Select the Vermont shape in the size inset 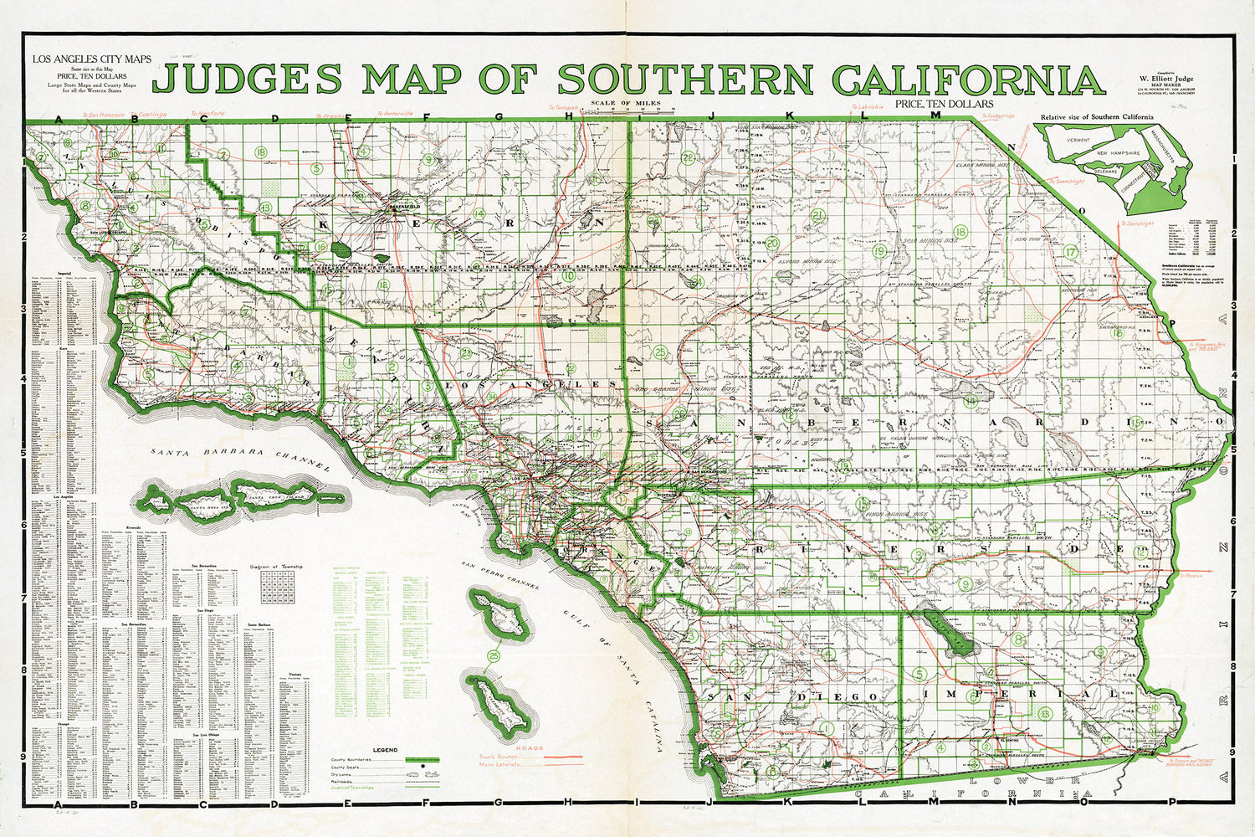1072,141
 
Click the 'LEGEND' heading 385,750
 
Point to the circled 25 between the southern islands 494,655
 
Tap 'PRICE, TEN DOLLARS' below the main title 943,104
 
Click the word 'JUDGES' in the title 248,79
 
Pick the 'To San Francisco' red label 103,113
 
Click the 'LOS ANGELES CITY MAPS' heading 92,60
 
